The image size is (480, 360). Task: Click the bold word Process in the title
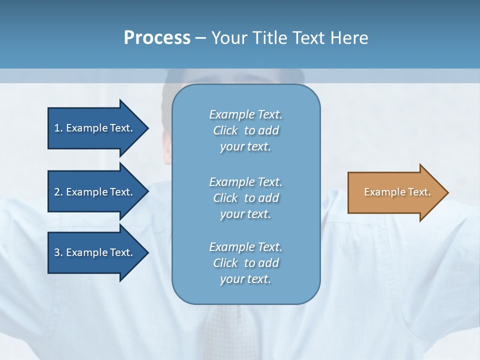coord(157,38)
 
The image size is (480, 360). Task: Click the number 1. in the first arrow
coord(58,128)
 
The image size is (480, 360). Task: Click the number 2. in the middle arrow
coord(58,192)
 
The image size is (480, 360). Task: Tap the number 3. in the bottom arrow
coord(58,252)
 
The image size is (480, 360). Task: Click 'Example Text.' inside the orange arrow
coord(397,192)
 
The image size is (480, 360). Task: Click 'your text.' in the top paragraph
coord(245,147)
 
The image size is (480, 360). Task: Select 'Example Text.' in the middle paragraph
coord(245,181)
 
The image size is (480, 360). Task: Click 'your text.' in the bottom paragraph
coord(245,279)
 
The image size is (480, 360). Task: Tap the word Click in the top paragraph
coord(225,131)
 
